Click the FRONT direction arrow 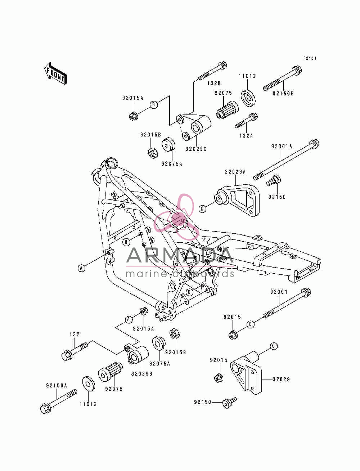pyautogui.click(x=55, y=73)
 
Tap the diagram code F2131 pyautogui.click(x=310, y=58)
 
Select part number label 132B pyautogui.click(x=214, y=83)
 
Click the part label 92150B pyautogui.click(x=283, y=93)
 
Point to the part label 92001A pyautogui.click(x=282, y=146)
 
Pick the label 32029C pyautogui.click(x=196, y=149)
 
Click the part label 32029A pyautogui.click(x=235, y=172)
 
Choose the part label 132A pyautogui.click(x=246, y=135)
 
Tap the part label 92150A pyautogui.click(x=57, y=392)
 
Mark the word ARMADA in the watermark pyautogui.click(x=180, y=255)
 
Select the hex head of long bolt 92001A pyautogui.click(x=314, y=144)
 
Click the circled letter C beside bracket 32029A pyautogui.click(x=202, y=208)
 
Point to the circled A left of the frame pyautogui.click(x=81, y=268)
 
